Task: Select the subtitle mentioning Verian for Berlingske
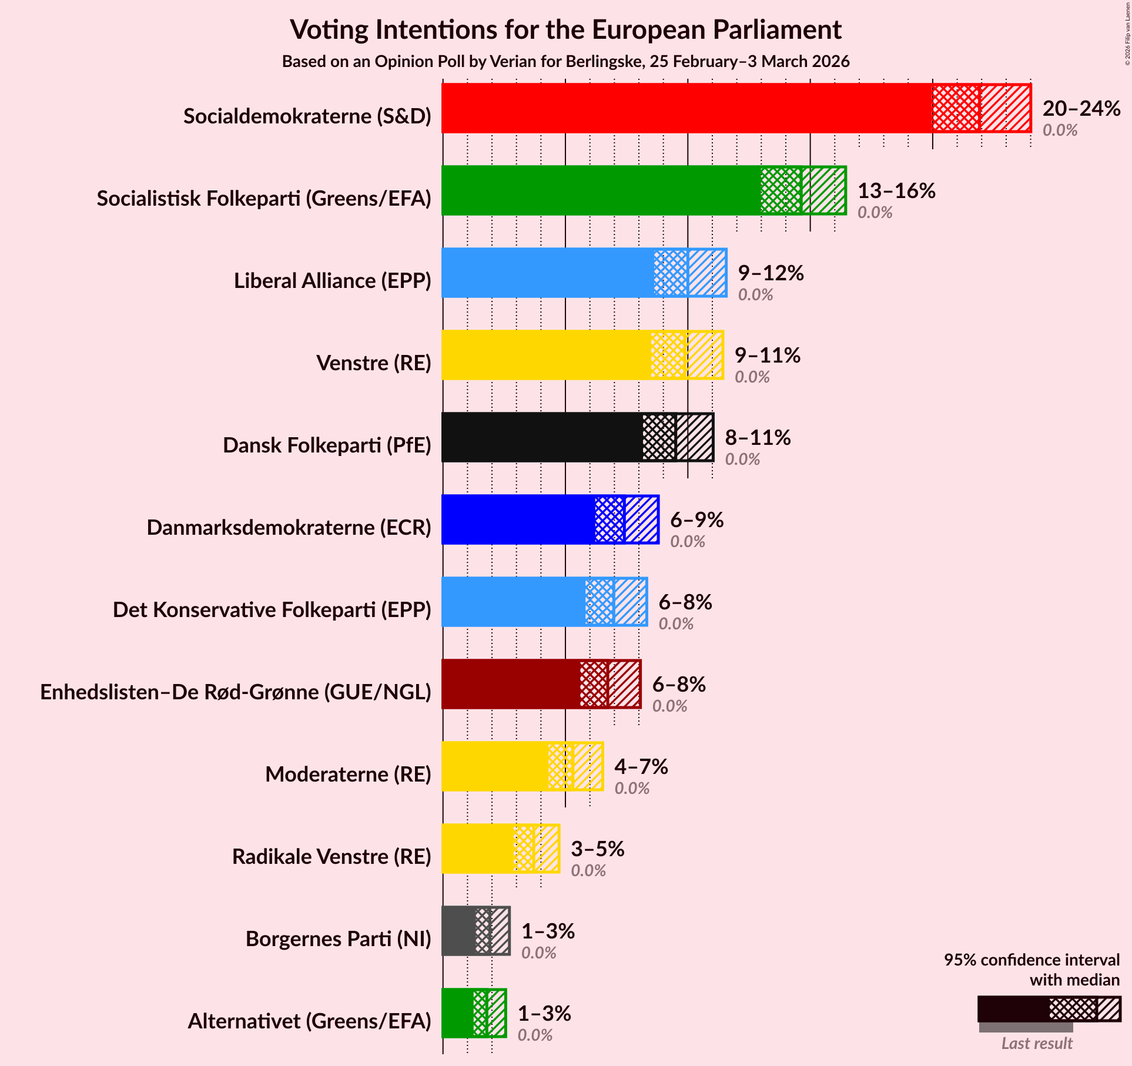pyautogui.click(x=565, y=62)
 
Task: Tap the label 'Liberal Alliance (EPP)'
pyautogui.click(x=333, y=281)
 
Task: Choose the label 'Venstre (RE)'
pyautogui.click(x=374, y=363)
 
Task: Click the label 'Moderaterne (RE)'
pyautogui.click(x=348, y=775)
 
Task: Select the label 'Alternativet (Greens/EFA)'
pyautogui.click(x=309, y=1021)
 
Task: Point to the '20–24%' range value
pyautogui.click(x=1081, y=109)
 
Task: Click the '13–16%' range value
pyautogui.click(x=896, y=191)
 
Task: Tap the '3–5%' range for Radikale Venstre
pyautogui.click(x=597, y=849)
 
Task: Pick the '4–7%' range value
pyautogui.click(x=641, y=767)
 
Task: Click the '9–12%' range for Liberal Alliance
pyautogui.click(x=771, y=273)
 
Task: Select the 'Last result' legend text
pyautogui.click(x=1037, y=1043)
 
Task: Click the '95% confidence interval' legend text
pyautogui.click(x=1031, y=960)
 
